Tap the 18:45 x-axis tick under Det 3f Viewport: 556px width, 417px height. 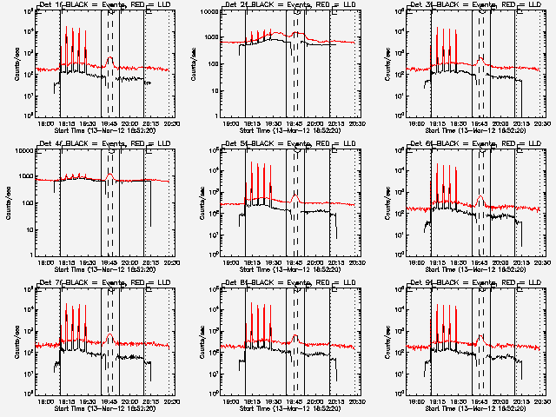pos(480,124)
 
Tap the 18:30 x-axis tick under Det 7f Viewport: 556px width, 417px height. pos(90,402)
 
